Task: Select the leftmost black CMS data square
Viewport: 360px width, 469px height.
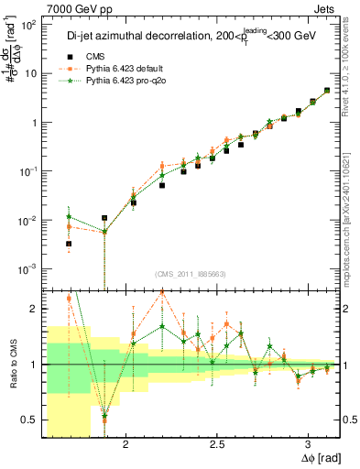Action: [69, 244]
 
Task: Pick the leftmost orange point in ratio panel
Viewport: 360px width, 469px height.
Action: [69, 299]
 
